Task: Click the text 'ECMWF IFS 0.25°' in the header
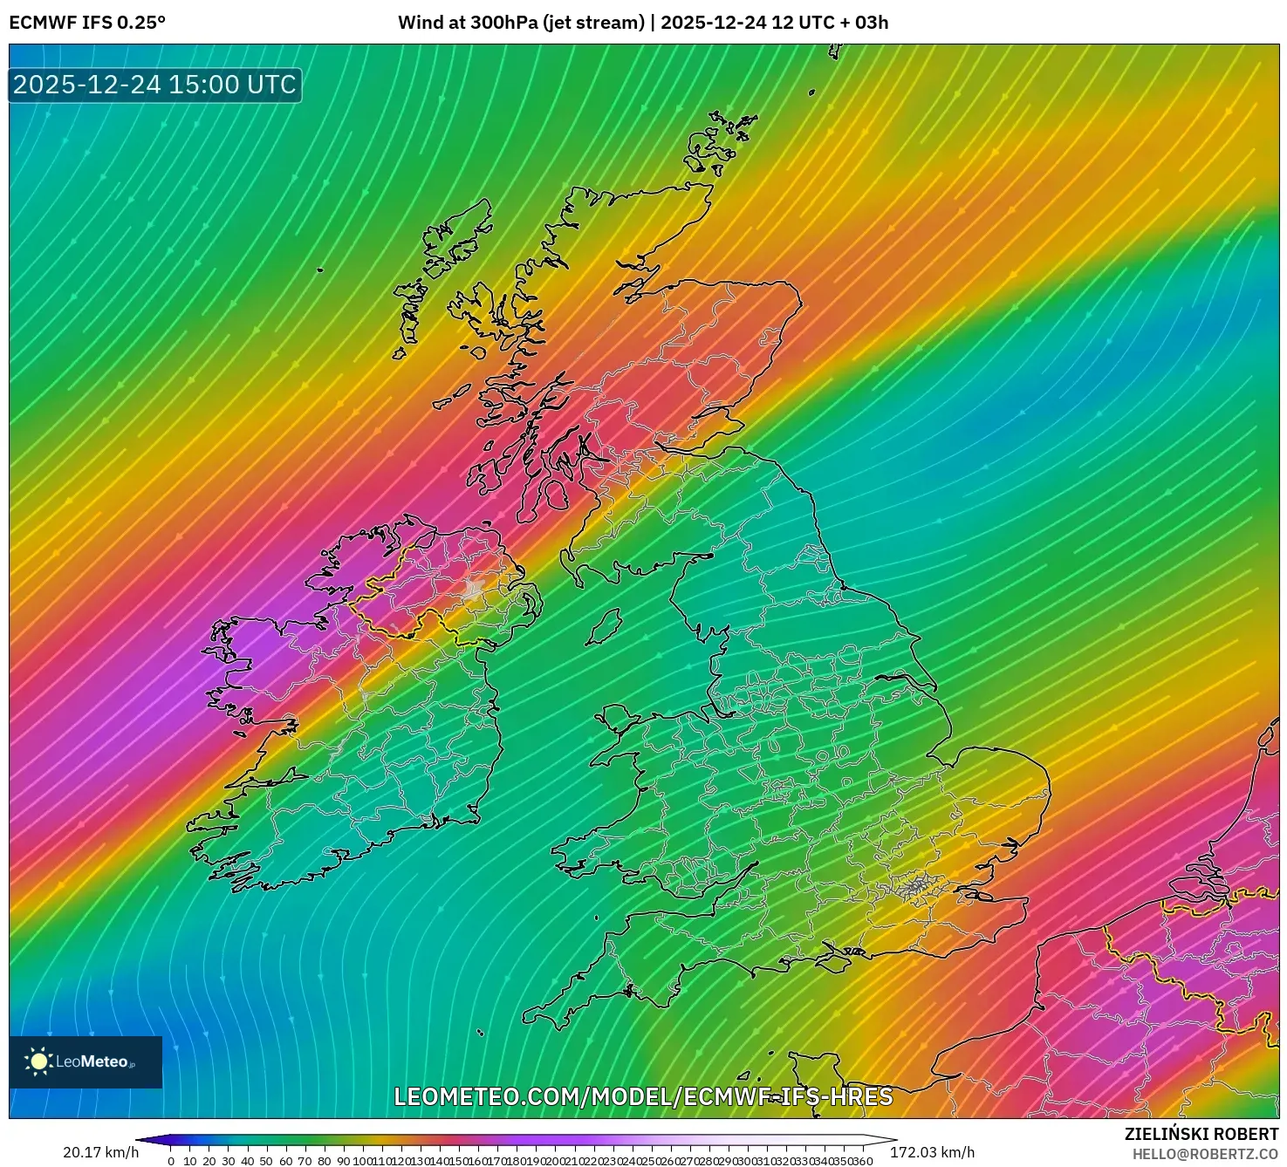(87, 23)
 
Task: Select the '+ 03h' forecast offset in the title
(865, 23)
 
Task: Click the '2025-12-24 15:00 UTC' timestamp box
(155, 85)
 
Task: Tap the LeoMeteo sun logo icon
(38, 1061)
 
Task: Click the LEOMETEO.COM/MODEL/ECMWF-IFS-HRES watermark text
(643, 1096)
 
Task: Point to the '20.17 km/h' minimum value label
(100, 1152)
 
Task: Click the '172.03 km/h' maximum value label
(932, 1152)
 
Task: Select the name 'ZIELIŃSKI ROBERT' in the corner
(1201, 1134)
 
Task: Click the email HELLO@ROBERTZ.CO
(1205, 1154)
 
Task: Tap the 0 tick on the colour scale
(171, 1161)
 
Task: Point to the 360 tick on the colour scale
(863, 1161)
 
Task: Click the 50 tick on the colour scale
(266, 1161)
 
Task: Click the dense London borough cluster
(915, 888)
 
